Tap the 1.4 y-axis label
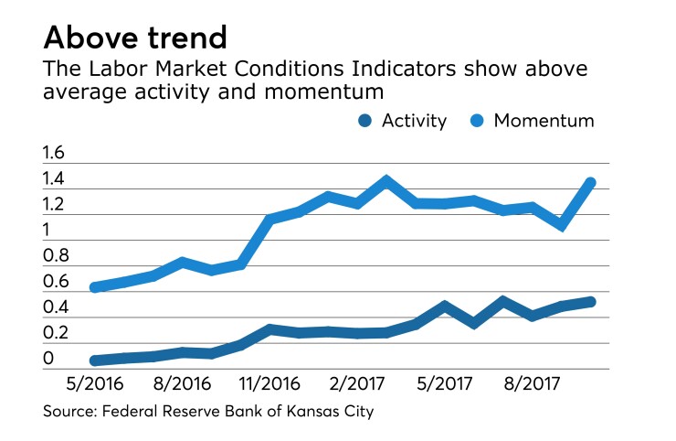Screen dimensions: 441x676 pos(55,179)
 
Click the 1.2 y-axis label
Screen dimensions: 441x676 pos(55,205)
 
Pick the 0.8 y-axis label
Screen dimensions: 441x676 pos(55,256)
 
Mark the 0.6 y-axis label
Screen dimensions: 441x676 pos(55,282)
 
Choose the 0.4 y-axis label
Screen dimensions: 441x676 pos(55,307)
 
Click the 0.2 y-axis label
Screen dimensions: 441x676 pos(55,333)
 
